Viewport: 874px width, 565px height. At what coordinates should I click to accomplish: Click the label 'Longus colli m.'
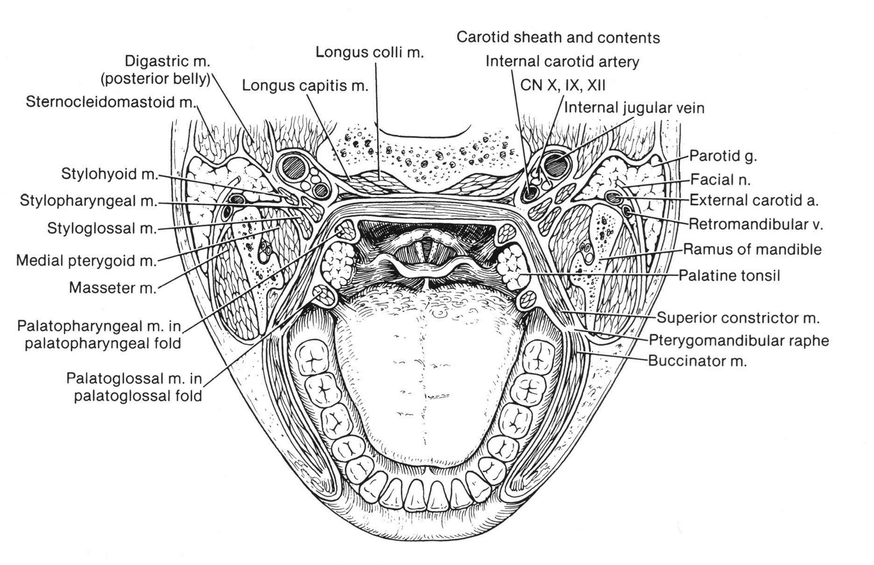tap(369, 53)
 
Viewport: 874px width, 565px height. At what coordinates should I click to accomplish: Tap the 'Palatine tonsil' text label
tap(729, 275)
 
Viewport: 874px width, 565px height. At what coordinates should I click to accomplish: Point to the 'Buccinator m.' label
tap(697, 361)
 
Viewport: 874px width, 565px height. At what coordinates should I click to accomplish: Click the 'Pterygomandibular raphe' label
tap(739, 340)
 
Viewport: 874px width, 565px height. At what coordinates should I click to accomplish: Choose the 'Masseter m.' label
tap(112, 287)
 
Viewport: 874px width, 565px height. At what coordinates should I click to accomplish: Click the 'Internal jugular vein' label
tap(634, 108)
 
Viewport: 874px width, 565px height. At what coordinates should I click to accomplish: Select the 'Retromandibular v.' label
tap(755, 224)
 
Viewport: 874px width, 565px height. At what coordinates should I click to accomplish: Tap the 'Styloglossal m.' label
tap(102, 228)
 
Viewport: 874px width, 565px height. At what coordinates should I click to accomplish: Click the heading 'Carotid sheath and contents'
tap(558, 37)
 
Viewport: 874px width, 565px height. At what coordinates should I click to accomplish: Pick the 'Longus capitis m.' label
tap(305, 85)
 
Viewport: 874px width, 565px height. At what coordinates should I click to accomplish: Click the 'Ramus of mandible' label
tap(752, 250)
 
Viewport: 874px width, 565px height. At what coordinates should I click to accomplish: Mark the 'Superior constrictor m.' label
tap(737, 317)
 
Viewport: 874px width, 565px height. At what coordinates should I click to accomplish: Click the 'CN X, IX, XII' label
tap(563, 85)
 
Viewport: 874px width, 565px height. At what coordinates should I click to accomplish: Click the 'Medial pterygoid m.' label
tap(86, 260)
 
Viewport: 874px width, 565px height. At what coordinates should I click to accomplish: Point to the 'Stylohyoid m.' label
tap(109, 175)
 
